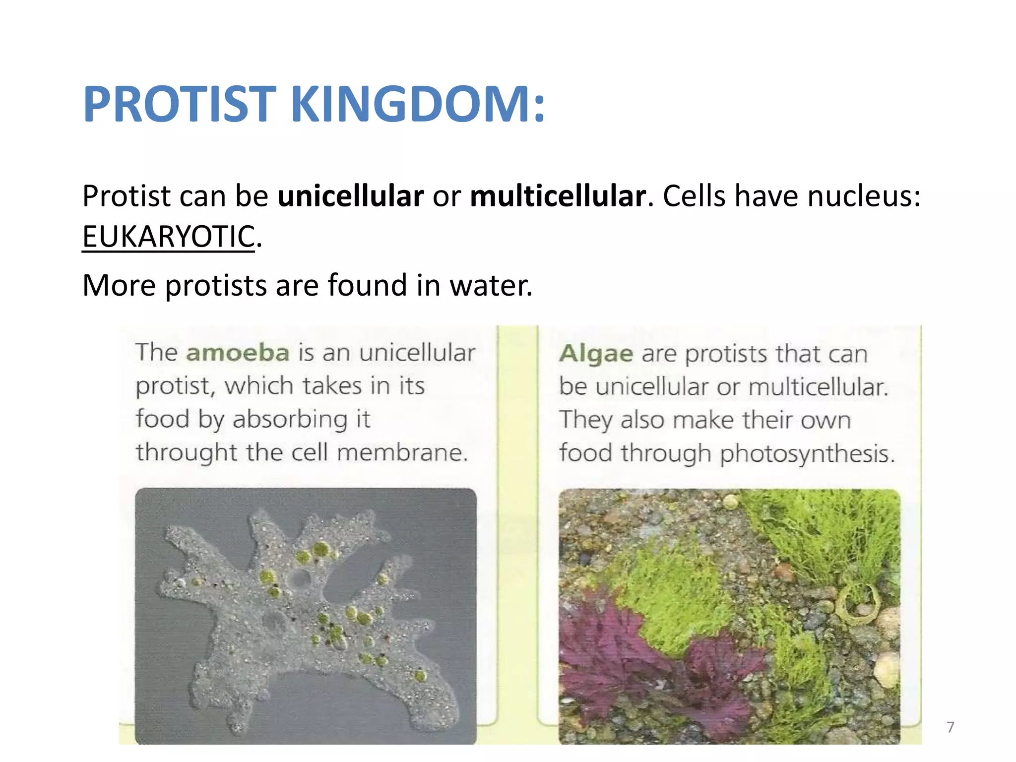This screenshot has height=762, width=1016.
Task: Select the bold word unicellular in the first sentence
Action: [350, 196]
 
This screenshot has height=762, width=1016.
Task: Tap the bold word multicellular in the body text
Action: [558, 196]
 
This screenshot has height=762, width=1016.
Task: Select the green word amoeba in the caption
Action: [238, 353]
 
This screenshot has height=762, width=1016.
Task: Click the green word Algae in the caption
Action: [596, 354]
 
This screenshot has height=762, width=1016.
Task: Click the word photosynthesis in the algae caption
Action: [807, 453]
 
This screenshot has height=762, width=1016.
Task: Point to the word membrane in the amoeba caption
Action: [402, 452]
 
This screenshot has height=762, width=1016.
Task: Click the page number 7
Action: [950, 727]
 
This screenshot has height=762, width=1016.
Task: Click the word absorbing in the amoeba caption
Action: [290, 419]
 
